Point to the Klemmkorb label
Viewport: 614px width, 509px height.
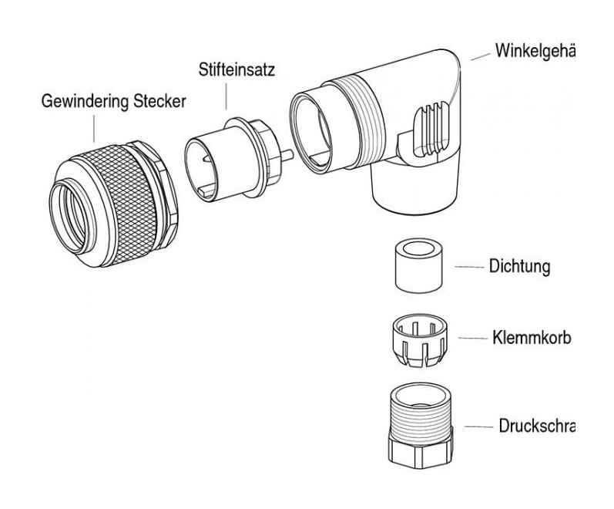click(x=529, y=338)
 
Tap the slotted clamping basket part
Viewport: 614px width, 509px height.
click(x=421, y=339)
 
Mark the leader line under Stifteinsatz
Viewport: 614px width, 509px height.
click(x=226, y=96)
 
